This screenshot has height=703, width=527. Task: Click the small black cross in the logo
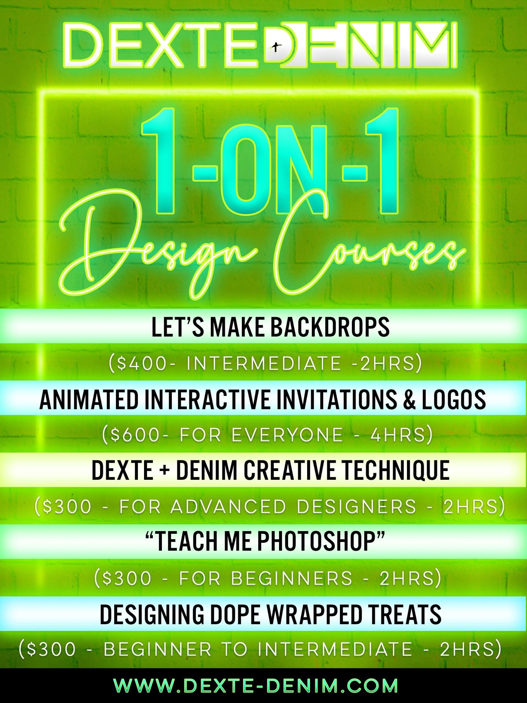pos(277,47)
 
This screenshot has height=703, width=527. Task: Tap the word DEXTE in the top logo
pos(160,46)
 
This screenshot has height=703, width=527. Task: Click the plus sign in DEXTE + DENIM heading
pos(165,471)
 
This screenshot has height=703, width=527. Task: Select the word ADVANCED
pos(228,506)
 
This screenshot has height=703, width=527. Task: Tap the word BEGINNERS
pos(292,578)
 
